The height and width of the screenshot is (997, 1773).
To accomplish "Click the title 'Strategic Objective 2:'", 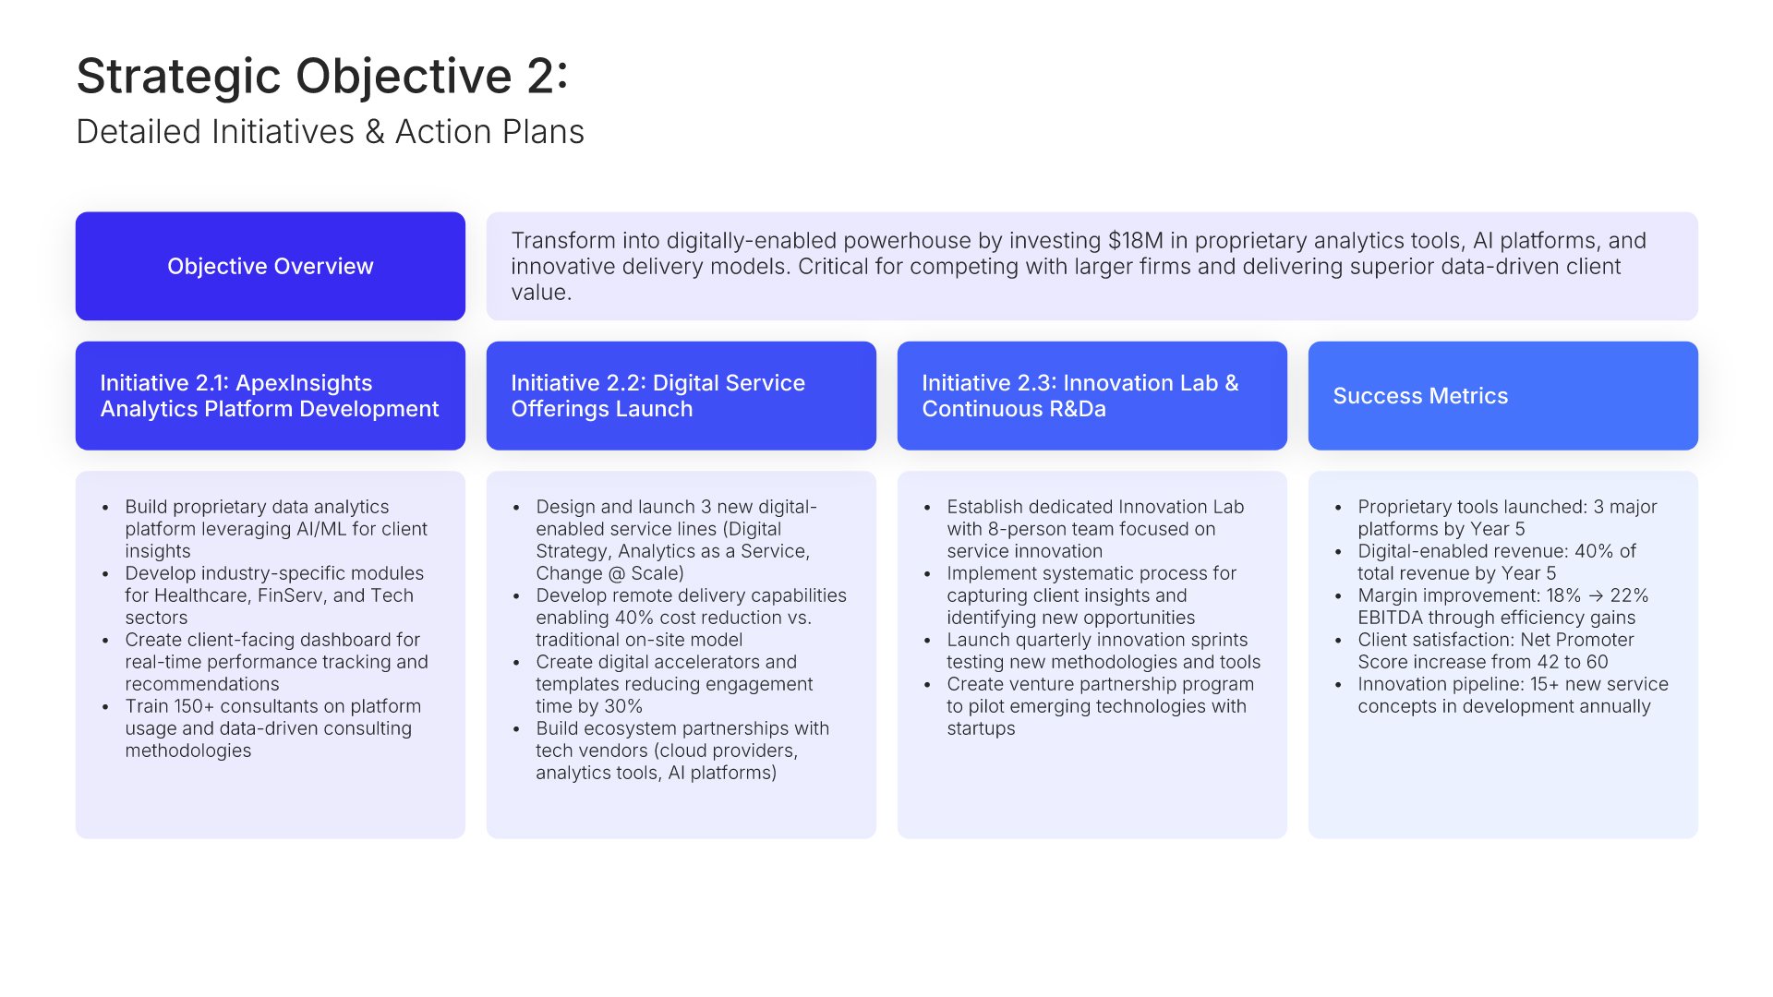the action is pyautogui.click(x=321, y=76).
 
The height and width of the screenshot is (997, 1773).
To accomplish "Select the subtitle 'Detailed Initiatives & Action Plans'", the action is pyautogui.click(x=330, y=132).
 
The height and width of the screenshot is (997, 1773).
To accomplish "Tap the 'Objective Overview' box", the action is pyautogui.click(x=271, y=266).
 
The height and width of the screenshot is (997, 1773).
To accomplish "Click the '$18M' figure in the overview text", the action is pyautogui.click(x=1136, y=240).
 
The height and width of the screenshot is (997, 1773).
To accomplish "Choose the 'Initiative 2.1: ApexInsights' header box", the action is pyautogui.click(x=271, y=396).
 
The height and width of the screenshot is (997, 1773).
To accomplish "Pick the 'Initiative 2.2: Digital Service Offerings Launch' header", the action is pyautogui.click(x=681, y=396).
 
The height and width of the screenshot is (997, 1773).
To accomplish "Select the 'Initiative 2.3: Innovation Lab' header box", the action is pyautogui.click(x=1092, y=396).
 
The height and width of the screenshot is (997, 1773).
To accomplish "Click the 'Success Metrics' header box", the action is pyautogui.click(x=1503, y=396).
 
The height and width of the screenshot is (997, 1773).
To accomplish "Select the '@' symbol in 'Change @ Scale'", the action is pyautogui.click(x=617, y=573).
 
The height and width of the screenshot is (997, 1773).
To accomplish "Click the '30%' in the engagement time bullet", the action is pyautogui.click(x=622, y=706).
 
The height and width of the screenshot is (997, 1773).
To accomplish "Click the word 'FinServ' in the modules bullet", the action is pyautogui.click(x=292, y=595).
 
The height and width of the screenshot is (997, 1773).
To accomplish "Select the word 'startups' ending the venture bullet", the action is pyautogui.click(x=981, y=728).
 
